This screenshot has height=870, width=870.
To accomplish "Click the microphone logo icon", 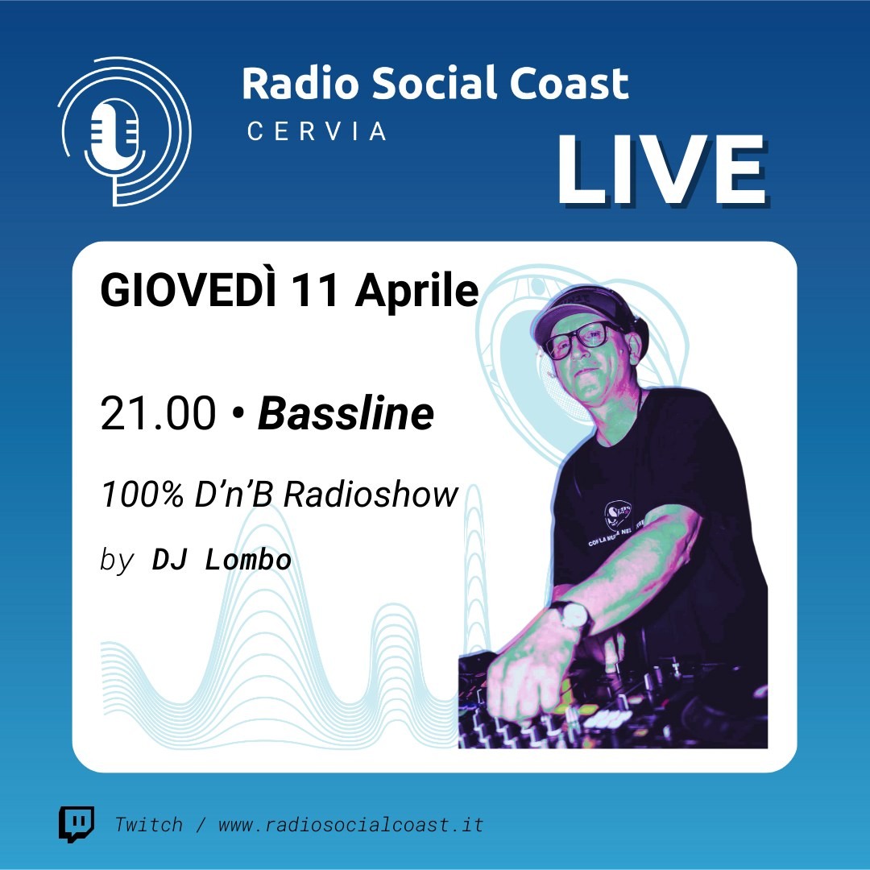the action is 125,131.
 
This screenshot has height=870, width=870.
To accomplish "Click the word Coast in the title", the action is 569,83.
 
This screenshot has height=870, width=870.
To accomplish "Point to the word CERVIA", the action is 317,131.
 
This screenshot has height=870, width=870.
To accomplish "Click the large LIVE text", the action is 662,170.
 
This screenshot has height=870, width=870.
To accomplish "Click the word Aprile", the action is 416,292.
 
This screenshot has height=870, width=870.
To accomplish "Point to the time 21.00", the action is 158,413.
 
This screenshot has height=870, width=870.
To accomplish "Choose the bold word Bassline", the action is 346,413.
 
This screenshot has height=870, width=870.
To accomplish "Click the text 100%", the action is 142,494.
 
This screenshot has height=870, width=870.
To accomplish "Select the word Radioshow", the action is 371,494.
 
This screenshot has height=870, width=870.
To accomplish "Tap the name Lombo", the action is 248,560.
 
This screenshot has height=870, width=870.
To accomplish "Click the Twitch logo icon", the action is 77,825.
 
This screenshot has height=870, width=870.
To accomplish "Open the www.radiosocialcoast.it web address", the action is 350,825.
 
